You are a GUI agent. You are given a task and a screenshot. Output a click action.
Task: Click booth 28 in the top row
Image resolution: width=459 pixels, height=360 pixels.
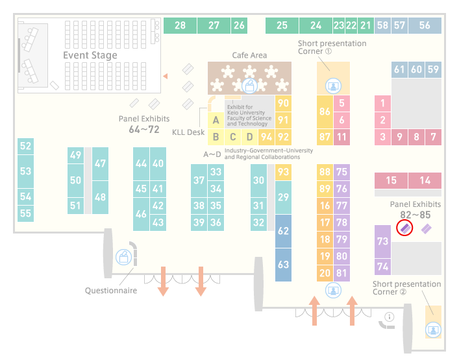(x=180, y=25)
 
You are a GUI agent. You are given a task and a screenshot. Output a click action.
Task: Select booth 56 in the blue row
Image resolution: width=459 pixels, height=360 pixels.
(x=425, y=25)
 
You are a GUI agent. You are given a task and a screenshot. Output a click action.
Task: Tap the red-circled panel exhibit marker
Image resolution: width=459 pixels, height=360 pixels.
(x=404, y=228)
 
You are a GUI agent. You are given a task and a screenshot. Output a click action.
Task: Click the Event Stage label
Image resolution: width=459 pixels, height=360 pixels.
(x=90, y=55)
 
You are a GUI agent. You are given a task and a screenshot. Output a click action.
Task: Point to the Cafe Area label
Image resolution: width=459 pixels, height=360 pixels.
(x=249, y=55)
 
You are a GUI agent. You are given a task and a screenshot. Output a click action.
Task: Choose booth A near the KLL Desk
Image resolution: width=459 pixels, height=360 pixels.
(x=216, y=120)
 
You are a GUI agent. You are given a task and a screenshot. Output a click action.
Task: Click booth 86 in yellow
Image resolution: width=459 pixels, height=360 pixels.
(x=325, y=112)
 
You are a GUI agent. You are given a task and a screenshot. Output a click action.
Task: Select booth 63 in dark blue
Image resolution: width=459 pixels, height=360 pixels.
(x=283, y=265)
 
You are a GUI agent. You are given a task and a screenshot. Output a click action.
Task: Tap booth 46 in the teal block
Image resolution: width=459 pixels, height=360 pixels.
(x=141, y=214)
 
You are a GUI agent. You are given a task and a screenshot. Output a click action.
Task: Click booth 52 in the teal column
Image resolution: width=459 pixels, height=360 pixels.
(x=25, y=146)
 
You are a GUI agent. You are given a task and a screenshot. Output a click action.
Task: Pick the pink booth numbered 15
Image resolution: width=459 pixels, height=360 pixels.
(x=391, y=180)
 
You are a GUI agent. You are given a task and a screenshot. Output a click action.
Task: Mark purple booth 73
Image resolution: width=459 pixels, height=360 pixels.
(x=382, y=241)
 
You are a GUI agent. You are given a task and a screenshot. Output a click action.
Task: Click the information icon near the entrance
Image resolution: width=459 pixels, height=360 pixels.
(x=390, y=317)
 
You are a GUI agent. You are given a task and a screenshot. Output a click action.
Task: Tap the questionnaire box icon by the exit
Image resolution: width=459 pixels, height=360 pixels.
(x=123, y=258)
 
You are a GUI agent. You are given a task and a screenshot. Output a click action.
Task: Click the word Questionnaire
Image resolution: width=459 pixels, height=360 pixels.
(x=111, y=291)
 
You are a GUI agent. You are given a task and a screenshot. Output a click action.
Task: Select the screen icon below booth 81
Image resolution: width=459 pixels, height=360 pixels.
(x=333, y=291)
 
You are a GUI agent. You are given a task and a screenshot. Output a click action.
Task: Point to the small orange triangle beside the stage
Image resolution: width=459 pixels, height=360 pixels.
(x=166, y=77)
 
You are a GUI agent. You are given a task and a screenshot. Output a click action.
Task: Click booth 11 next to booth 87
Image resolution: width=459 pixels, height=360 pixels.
(x=341, y=137)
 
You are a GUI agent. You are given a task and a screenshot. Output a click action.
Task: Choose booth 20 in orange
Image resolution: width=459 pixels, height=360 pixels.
(x=325, y=273)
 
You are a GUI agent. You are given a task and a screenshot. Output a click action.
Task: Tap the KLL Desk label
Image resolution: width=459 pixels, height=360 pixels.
(x=188, y=132)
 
